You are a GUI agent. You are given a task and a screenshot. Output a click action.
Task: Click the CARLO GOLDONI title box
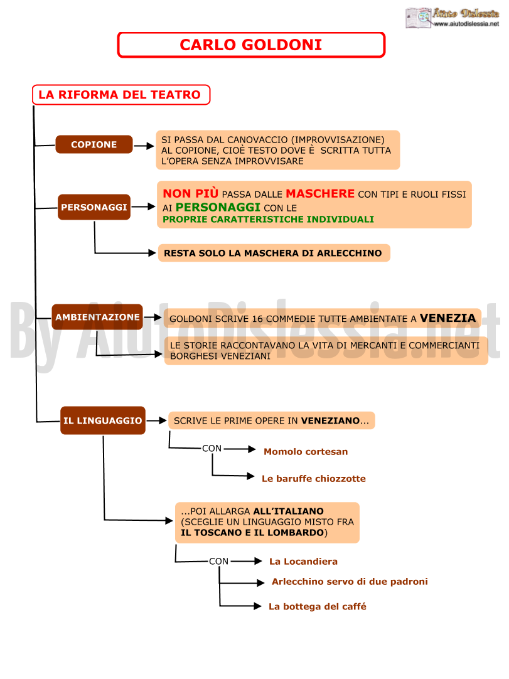[251, 45]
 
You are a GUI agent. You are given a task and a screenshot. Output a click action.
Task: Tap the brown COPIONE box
[94, 144]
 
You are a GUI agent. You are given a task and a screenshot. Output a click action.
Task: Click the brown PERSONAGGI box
[94, 207]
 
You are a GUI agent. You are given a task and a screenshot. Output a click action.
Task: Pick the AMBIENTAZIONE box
[97, 317]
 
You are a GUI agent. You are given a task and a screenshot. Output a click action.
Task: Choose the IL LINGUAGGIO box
[103, 420]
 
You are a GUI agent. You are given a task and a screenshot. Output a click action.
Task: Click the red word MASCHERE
[320, 193]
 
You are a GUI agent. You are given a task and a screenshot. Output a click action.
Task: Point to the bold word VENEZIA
[448, 318]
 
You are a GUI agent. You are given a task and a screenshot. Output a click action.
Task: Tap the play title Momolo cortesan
[306, 452]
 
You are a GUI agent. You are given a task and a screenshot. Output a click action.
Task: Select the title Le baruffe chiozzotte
[314, 479]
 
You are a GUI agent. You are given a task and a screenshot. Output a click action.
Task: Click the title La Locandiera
[303, 561]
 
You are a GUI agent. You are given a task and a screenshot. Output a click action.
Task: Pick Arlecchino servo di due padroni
[350, 582]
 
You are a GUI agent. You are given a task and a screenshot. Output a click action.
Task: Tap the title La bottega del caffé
[318, 606]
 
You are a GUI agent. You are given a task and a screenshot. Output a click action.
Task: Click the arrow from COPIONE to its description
[144, 146]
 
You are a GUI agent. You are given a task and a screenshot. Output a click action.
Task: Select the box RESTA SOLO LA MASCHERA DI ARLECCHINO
[274, 253]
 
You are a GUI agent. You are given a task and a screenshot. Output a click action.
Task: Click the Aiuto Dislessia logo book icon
[419, 18]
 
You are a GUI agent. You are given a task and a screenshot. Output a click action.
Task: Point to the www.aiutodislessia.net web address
[466, 24]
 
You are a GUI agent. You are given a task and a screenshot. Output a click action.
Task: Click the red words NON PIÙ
[190, 193]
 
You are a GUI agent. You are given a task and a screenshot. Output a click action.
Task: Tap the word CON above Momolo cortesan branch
[212, 448]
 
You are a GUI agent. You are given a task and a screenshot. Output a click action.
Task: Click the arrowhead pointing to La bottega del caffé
[257, 606]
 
